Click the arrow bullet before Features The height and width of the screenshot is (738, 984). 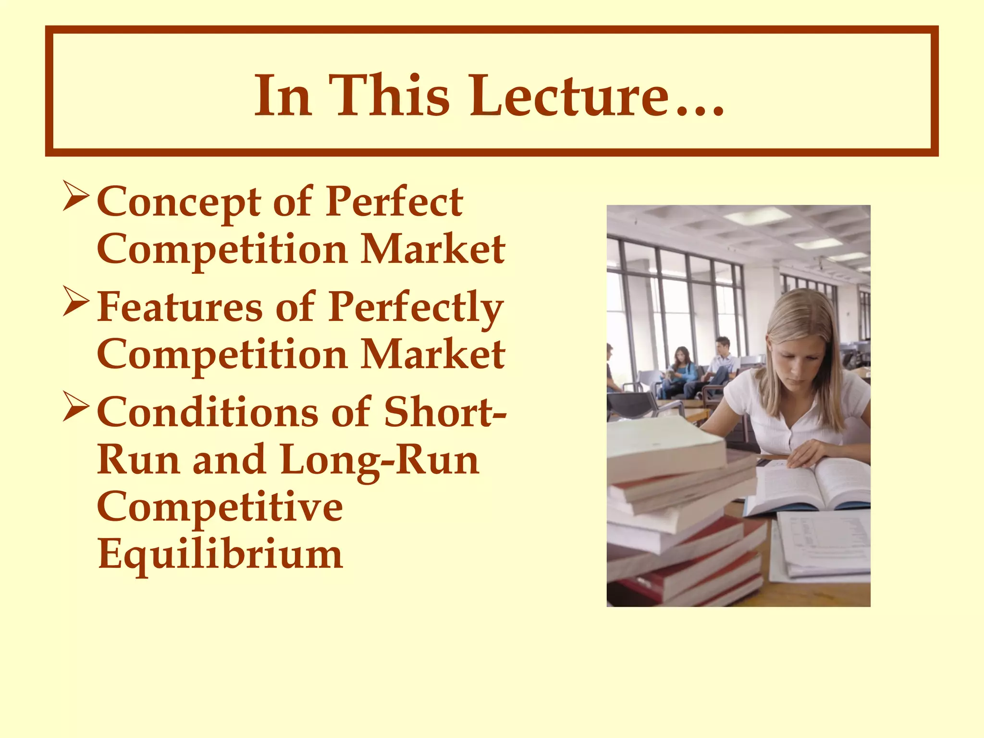[76, 304]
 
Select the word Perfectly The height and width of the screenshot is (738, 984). [416, 307]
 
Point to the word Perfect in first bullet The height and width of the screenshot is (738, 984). [394, 202]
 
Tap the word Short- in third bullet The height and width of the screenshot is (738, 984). [445, 412]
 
